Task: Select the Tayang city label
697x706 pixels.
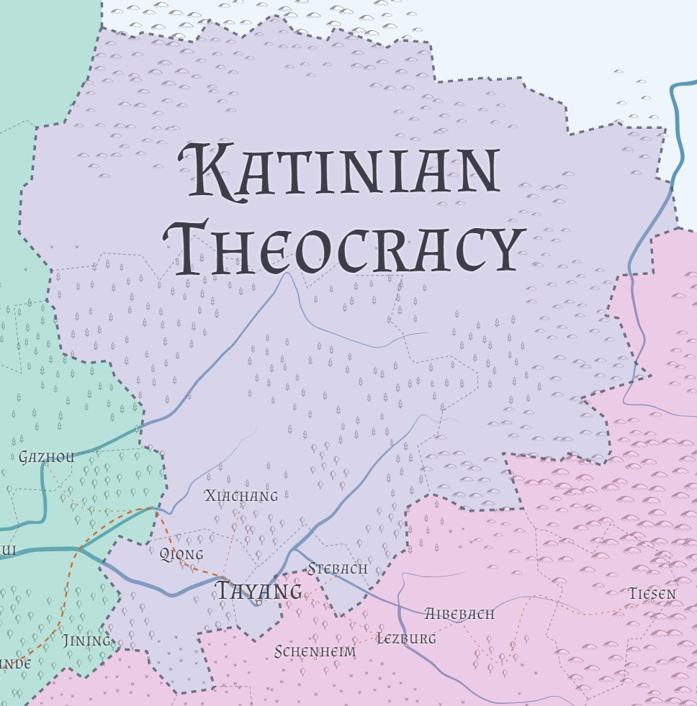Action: (x=260, y=592)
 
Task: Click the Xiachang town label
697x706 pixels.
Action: (x=241, y=496)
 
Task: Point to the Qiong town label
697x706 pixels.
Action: (x=181, y=554)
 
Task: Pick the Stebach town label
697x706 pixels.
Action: (x=338, y=569)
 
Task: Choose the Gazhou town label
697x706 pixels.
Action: (x=47, y=457)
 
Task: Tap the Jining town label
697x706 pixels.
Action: (x=86, y=640)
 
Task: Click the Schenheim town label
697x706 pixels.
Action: (x=315, y=652)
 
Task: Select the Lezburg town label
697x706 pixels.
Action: (x=407, y=638)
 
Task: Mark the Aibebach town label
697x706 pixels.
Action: (x=459, y=614)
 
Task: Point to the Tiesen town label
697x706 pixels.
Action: (x=652, y=594)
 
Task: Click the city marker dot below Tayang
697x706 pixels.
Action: (x=258, y=602)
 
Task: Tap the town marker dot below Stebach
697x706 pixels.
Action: (x=337, y=576)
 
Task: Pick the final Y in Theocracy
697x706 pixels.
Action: (x=501, y=250)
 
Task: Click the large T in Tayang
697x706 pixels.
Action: (x=225, y=591)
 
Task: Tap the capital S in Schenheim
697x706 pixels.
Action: (x=279, y=652)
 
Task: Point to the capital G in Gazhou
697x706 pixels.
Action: (x=24, y=457)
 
